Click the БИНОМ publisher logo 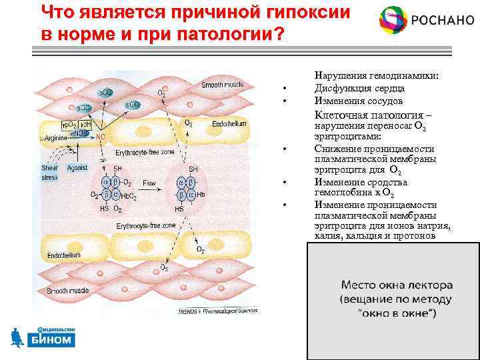pos(47,337)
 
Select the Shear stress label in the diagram pos(50,173)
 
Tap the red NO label pos(101,137)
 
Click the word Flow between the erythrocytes pos(149,181)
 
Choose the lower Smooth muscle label pos(64,291)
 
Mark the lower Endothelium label pos(64,255)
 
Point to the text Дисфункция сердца pos(359,88)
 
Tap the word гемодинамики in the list pos(401,76)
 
